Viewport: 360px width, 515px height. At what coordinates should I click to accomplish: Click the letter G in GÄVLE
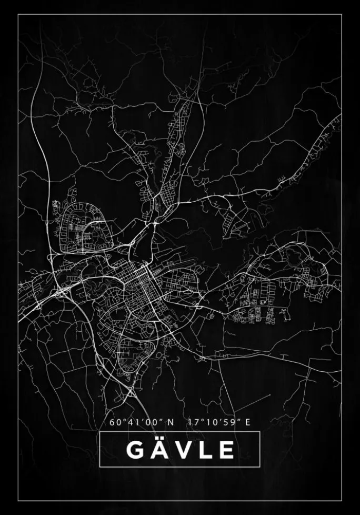point(135,450)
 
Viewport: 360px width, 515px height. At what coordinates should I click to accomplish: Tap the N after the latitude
point(171,422)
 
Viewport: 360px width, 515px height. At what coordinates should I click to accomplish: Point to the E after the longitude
point(247,422)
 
